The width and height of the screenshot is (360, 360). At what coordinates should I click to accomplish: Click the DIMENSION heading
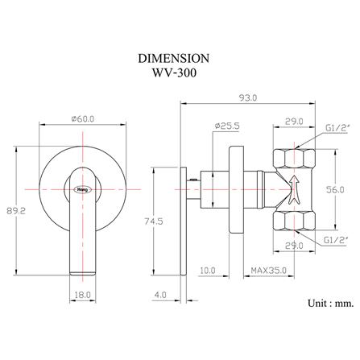click(175, 59)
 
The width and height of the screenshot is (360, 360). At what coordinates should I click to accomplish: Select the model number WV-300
click(175, 74)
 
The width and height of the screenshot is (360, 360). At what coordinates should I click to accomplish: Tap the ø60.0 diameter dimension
click(83, 118)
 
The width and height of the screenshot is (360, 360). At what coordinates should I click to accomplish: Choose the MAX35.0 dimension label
click(267, 270)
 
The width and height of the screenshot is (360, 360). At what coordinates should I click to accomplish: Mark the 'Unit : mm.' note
click(331, 304)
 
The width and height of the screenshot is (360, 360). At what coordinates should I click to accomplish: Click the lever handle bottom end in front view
click(82, 269)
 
